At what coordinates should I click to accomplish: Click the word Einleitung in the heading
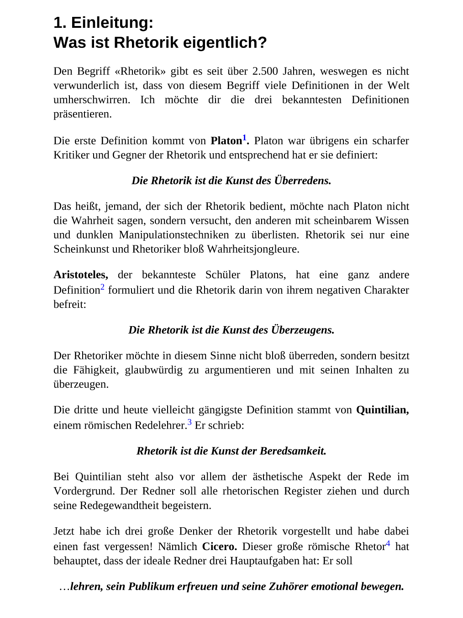(112, 22)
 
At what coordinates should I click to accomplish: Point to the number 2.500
(265, 71)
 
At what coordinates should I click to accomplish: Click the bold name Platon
(226, 141)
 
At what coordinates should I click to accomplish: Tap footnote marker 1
(244, 138)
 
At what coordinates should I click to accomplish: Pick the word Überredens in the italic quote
(302, 181)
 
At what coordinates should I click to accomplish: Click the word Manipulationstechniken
(174, 235)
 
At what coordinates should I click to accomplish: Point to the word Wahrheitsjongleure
(253, 249)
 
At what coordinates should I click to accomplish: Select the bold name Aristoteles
(80, 275)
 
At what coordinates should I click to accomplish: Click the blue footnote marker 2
(102, 287)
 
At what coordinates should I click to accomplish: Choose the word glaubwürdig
(153, 370)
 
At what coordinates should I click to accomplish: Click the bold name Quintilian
(382, 410)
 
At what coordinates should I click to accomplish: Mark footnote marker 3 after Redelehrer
(189, 422)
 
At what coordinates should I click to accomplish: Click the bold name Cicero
(219, 547)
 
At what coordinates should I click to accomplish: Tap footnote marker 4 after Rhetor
(388, 544)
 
